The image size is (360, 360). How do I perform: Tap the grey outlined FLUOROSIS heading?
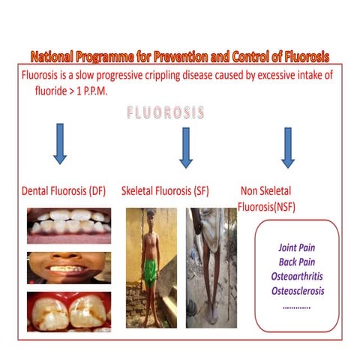(x=167, y=113)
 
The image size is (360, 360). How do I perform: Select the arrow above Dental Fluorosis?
(x=61, y=146)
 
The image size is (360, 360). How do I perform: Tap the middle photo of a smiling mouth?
(x=69, y=268)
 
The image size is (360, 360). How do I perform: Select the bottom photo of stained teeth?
(x=69, y=311)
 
